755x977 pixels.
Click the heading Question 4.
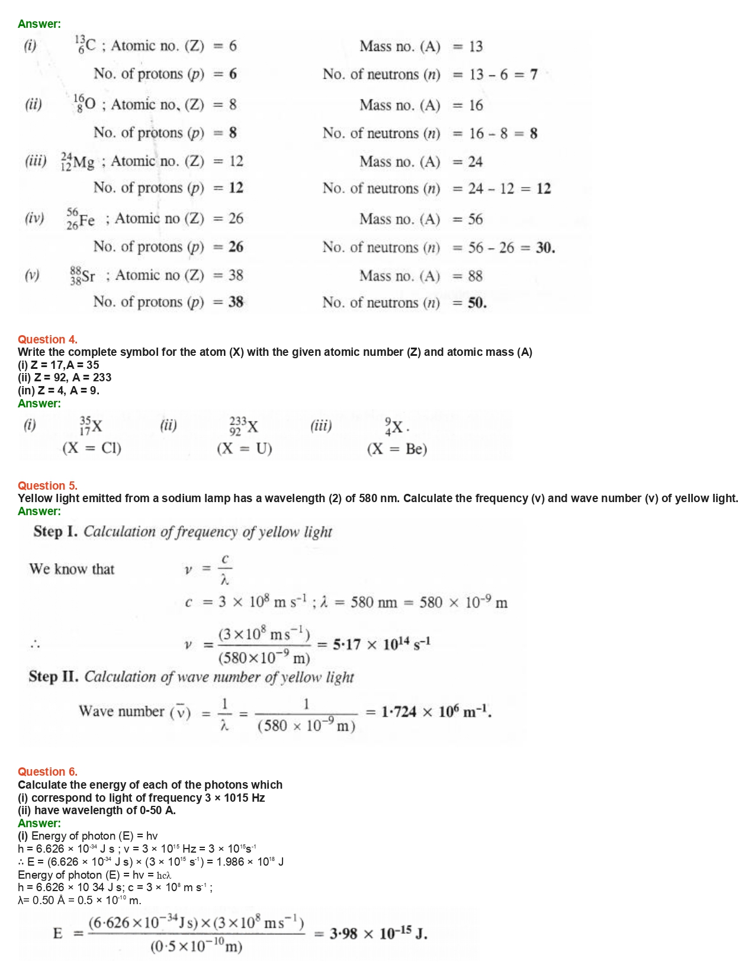pos(47,339)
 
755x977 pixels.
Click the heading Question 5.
pos(47,486)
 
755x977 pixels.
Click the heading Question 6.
pos(47,772)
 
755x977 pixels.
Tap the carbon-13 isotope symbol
pos(85,46)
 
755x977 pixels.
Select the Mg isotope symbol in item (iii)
pos(78,162)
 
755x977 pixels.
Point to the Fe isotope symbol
pos(81,219)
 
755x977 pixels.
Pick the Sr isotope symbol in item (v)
pos(82,276)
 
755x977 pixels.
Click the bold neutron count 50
pos(477,303)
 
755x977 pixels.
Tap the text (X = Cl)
pos(92,448)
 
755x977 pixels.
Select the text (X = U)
pos(245,449)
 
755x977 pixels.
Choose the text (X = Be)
pos(397,449)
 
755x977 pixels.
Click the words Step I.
pos(55,532)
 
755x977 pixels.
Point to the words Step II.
pos(53,677)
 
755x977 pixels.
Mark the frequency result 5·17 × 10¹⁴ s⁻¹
pos(381,644)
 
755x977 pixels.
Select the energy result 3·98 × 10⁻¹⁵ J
pos(378,934)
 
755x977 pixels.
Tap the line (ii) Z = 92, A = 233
pos(65,378)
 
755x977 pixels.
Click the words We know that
pos(72,570)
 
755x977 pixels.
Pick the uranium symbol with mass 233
pos(243,426)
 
